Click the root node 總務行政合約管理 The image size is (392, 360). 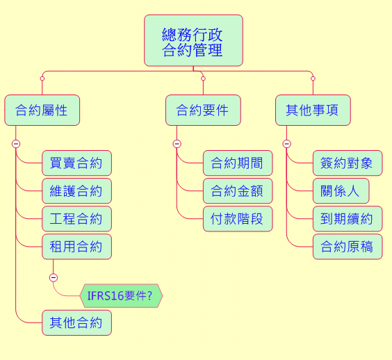(x=193, y=40)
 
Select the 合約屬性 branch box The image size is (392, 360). (x=42, y=110)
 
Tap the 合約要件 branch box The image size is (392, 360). (x=203, y=110)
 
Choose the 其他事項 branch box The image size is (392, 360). (x=313, y=110)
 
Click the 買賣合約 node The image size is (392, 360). (x=76, y=163)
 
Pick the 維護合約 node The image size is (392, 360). (x=76, y=190)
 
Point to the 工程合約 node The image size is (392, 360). (x=76, y=219)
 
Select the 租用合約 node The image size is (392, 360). (x=76, y=247)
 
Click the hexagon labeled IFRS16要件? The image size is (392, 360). (x=121, y=296)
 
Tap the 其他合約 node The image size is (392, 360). (x=76, y=322)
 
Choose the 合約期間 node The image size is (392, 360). (x=238, y=163)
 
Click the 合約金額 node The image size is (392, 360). (x=238, y=190)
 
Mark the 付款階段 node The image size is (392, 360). (x=238, y=219)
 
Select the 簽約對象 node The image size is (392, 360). (x=348, y=163)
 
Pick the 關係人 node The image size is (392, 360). (x=341, y=190)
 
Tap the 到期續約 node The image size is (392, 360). (x=348, y=219)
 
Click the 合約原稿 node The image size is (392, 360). (x=348, y=247)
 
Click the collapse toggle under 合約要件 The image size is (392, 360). (x=177, y=144)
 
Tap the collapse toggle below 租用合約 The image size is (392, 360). (x=54, y=277)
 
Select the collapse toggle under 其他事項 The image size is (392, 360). (x=286, y=144)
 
